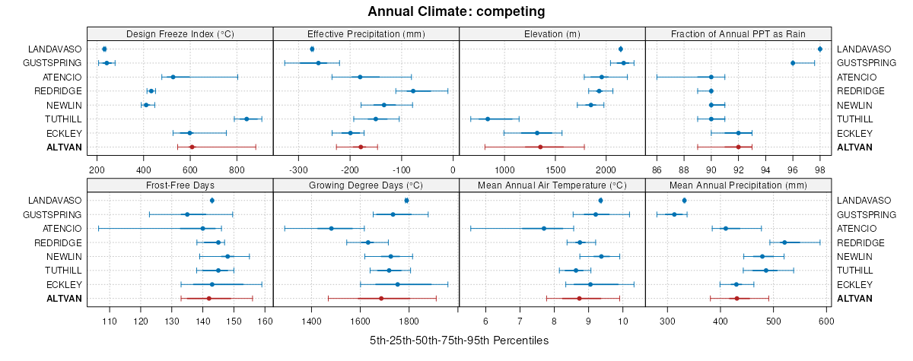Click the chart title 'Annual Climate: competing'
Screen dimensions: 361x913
pos(456,11)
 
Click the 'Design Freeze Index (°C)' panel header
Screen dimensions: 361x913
pos(180,33)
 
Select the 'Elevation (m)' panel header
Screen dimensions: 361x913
pos(552,33)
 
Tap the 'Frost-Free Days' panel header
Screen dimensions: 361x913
pos(180,185)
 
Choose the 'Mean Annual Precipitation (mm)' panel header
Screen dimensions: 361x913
pos(737,185)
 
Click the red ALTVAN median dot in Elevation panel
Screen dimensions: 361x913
pos(540,147)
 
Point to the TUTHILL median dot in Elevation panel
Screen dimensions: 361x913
pos(488,119)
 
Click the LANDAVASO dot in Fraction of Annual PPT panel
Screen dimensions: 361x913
pos(819,49)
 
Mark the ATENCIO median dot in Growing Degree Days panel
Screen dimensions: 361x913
pos(331,228)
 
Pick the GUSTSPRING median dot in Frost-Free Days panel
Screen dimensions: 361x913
pos(187,214)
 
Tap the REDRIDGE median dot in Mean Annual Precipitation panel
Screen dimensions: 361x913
pos(784,242)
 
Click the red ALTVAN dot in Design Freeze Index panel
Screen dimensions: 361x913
pos(192,147)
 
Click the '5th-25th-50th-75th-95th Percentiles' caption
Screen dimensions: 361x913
pos(459,340)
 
